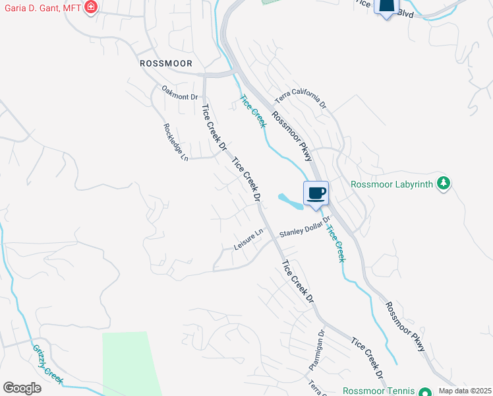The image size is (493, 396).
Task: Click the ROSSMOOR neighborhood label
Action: pos(166,63)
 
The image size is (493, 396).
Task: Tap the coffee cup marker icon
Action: pos(316,193)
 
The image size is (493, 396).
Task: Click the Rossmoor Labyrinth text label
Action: pos(393,184)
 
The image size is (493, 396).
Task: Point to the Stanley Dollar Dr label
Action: pos(304,228)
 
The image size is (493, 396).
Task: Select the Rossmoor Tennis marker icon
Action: pos(426,391)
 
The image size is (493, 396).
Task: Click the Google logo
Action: pos(22,388)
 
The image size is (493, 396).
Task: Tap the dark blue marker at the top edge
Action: pos(386,7)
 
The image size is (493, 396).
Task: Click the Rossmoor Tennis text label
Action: pos(380,391)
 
